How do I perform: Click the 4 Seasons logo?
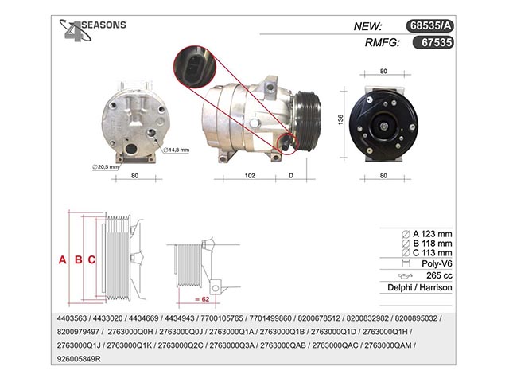click(x=92, y=30)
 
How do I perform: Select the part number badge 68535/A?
click(x=429, y=25)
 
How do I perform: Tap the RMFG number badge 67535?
click(x=433, y=42)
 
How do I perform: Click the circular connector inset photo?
click(x=194, y=67)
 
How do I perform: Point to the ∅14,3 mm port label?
click(x=177, y=150)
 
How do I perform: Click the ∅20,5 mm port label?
click(x=105, y=167)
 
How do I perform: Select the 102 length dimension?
click(x=250, y=175)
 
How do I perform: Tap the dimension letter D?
click(x=291, y=175)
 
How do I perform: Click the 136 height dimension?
click(x=340, y=119)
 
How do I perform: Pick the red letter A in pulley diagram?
click(x=62, y=260)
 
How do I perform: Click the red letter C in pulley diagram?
click(x=91, y=260)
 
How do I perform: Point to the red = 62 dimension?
click(x=202, y=299)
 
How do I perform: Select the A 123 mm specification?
click(x=426, y=234)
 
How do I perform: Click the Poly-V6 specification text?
click(x=437, y=263)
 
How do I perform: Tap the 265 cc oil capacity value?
click(x=439, y=275)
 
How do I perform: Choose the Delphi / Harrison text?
click(x=420, y=287)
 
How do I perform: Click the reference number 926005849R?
click(x=79, y=359)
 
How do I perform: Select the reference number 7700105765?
click(x=222, y=318)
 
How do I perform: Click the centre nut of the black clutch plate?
click(x=383, y=126)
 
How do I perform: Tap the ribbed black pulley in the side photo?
click(x=308, y=121)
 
